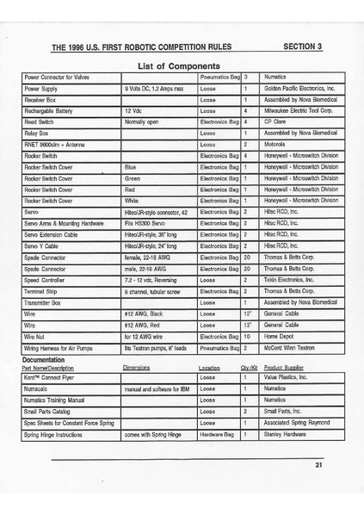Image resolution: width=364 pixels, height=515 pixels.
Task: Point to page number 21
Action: pyautogui.click(x=318, y=466)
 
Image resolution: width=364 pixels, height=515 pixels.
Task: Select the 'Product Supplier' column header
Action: pyautogui.click(x=285, y=368)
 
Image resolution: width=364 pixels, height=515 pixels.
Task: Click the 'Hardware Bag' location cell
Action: pyautogui.click(x=217, y=435)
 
